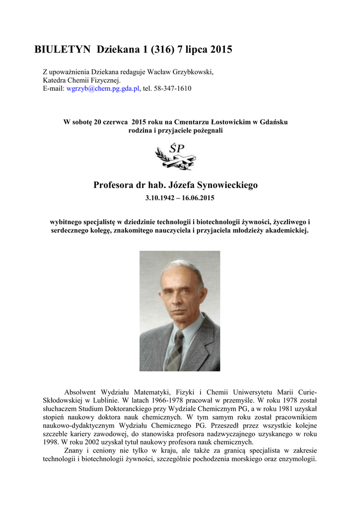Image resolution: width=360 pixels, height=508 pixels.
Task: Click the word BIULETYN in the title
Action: (62, 50)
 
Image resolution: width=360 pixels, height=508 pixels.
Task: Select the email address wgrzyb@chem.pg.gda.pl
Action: (103, 88)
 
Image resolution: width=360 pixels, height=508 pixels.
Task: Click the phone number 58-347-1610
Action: (174, 88)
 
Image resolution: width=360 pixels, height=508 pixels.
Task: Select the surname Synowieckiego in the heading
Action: (227, 186)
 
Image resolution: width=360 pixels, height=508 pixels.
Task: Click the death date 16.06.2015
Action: (199, 198)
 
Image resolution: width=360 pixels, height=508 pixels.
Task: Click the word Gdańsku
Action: (277, 122)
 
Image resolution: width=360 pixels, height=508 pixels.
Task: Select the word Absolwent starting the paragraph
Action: (82, 392)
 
